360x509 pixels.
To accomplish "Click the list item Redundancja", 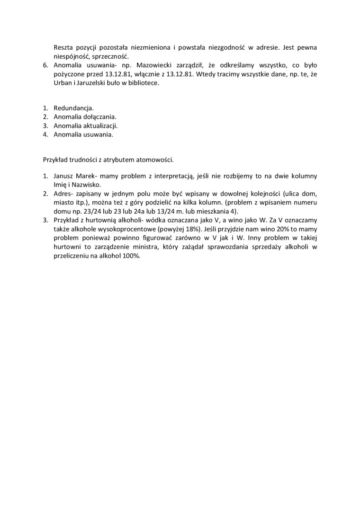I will pyautogui.click(x=73, y=108).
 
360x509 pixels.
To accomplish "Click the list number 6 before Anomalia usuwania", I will pyautogui.click(x=45, y=64).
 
